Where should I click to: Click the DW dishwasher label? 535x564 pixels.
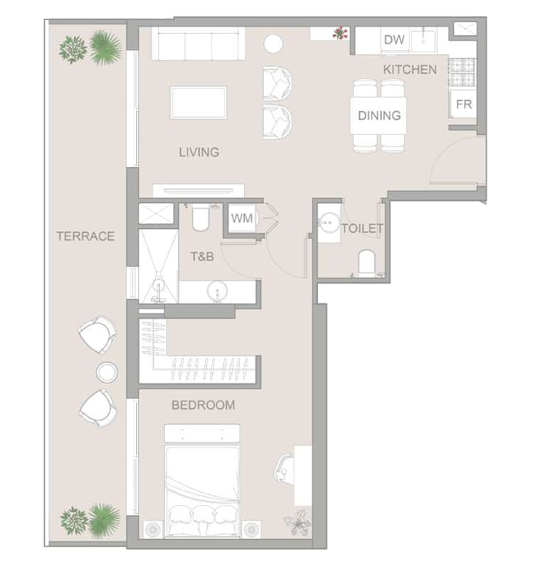click(x=394, y=40)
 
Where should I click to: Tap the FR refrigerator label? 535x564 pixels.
click(x=464, y=105)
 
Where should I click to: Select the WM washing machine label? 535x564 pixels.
click(x=241, y=218)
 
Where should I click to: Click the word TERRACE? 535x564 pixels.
click(x=85, y=236)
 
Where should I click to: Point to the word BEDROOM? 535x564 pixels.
click(x=203, y=406)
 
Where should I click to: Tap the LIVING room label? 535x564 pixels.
click(x=199, y=152)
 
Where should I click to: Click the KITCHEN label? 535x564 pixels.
click(x=410, y=69)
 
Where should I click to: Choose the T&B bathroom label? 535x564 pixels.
click(x=202, y=256)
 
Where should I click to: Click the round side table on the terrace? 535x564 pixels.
click(x=107, y=372)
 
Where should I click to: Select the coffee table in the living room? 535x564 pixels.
click(x=199, y=102)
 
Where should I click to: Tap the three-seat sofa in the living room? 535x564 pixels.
click(x=199, y=43)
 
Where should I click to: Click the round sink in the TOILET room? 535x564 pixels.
click(x=329, y=223)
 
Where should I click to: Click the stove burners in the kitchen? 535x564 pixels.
click(x=462, y=73)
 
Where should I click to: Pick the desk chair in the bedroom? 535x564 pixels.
click(x=284, y=468)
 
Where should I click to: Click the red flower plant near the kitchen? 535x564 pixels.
click(x=340, y=33)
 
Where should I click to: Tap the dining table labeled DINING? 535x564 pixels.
click(x=379, y=115)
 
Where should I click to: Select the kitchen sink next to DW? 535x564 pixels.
click(x=423, y=42)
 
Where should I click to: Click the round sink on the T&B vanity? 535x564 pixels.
click(x=217, y=291)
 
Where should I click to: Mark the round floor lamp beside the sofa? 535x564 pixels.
click(x=273, y=44)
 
